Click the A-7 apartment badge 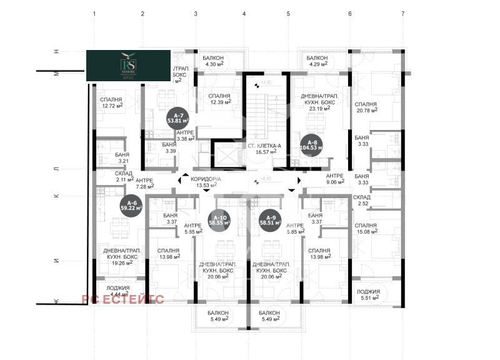click(178, 119)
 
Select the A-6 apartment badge click(131, 205)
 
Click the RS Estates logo click(128, 66)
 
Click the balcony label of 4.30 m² click(216, 61)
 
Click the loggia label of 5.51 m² click(368, 296)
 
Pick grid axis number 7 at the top click(403, 13)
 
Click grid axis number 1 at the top click(94, 13)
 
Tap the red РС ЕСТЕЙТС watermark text click(122, 299)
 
